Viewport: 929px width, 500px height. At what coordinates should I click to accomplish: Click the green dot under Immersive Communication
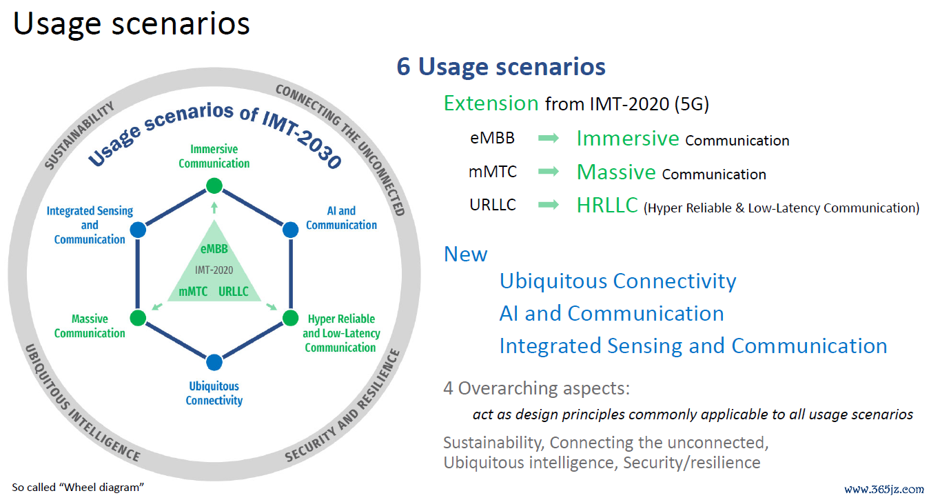click(214, 186)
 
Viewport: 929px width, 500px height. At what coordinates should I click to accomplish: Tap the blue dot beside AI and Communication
click(290, 230)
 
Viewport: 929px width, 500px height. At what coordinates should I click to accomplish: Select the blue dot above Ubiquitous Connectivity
click(214, 362)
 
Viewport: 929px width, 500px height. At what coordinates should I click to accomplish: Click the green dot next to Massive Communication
click(138, 318)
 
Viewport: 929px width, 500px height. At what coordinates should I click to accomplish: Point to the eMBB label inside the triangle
click(214, 248)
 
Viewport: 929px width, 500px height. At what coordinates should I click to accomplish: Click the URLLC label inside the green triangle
click(234, 291)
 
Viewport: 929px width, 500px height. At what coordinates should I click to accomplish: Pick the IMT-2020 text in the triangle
click(214, 270)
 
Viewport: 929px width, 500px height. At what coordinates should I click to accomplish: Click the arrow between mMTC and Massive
click(549, 171)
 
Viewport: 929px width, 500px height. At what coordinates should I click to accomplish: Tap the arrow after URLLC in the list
click(549, 204)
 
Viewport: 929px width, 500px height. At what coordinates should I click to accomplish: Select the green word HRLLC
click(607, 205)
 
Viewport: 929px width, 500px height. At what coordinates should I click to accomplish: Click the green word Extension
click(491, 103)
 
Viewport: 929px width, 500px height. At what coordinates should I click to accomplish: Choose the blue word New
click(465, 254)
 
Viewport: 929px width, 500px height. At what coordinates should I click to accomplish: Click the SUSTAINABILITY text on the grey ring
click(79, 135)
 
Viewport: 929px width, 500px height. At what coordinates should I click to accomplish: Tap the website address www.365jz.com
click(884, 489)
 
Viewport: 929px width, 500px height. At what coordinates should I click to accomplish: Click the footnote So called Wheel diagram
click(78, 487)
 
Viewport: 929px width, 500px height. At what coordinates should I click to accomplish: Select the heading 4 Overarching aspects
click(536, 388)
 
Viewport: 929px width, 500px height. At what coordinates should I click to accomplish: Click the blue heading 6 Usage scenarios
click(501, 66)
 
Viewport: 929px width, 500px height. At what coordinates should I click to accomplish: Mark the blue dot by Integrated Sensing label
click(138, 230)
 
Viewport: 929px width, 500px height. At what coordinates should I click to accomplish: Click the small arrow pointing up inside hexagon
click(214, 208)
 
